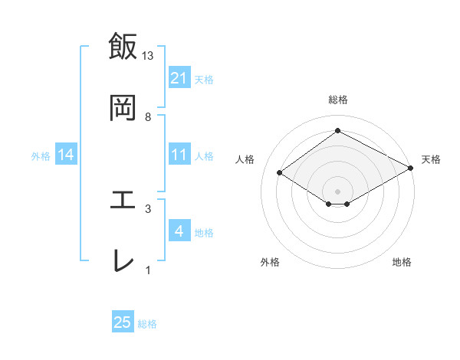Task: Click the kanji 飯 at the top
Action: click(123, 47)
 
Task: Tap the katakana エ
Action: click(123, 200)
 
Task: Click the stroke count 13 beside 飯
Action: click(148, 56)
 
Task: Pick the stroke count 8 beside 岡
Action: click(148, 116)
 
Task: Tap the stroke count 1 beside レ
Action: click(148, 270)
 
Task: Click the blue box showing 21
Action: click(179, 78)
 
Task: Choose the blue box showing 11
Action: click(179, 155)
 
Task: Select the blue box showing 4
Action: click(179, 231)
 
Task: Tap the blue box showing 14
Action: click(66, 155)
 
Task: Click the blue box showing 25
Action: click(123, 322)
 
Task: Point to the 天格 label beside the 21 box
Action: click(204, 79)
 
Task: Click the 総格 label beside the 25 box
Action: click(147, 324)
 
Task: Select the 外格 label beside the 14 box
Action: click(41, 155)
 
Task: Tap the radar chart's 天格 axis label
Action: click(431, 159)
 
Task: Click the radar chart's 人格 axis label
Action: click(245, 159)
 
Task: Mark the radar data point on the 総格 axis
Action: click(337, 131)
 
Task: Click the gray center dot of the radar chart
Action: click(337, 191)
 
